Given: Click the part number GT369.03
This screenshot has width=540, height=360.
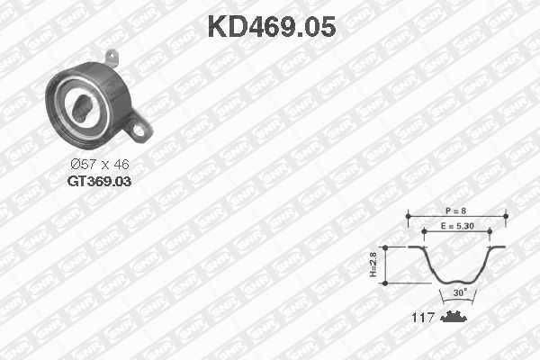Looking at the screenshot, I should (98, 181).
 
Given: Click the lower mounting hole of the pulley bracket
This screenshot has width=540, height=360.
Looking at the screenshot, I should (140, 131).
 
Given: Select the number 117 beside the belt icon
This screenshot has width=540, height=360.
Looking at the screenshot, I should (423, 318).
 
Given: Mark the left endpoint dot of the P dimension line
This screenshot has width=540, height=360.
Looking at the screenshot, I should (407, 215).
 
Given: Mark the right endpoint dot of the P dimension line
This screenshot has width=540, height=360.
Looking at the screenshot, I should (506, 215).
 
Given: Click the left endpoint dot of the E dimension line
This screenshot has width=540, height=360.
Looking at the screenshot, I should (426, 231).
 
